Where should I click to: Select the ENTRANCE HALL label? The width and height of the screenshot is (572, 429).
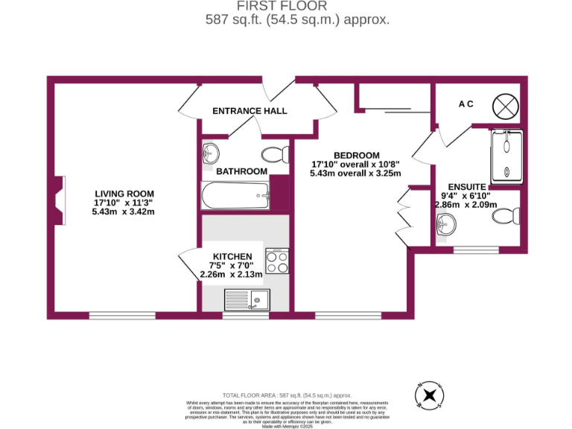[x=250, y=111]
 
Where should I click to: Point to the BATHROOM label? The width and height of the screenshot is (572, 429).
[x=241, y=171]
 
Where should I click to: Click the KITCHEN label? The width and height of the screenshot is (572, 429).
[x=232, y=256]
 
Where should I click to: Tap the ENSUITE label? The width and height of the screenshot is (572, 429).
[x=467, y=186]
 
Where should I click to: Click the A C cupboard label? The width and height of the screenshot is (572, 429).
[x=465, y=104]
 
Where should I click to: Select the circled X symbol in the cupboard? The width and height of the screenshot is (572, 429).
[x=504, y=106]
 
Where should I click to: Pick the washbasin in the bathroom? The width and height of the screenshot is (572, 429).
[x=211, y=153]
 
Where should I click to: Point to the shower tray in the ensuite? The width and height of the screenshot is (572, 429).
[x=506, y=156]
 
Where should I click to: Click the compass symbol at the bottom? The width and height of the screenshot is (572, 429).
[x=429, y=395]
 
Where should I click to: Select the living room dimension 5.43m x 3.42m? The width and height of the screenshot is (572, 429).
[x=124, y=212]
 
